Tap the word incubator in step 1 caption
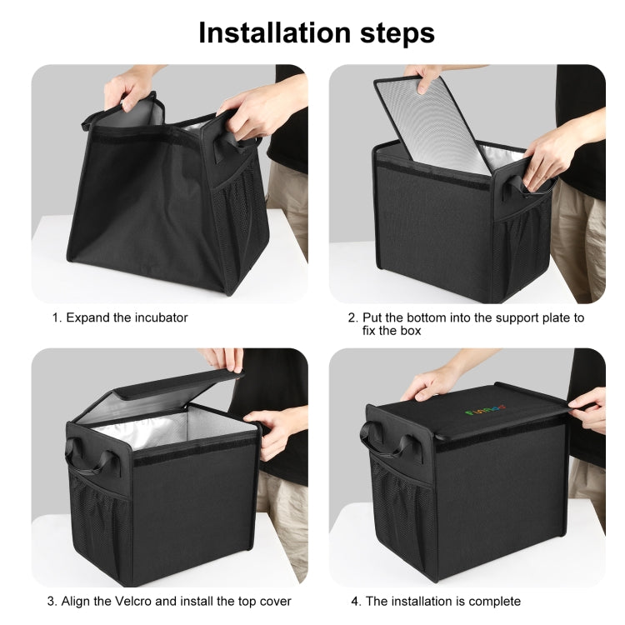tap(156, 317)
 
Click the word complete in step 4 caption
tap(492, 601)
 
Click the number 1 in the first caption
tap(56, 317)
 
